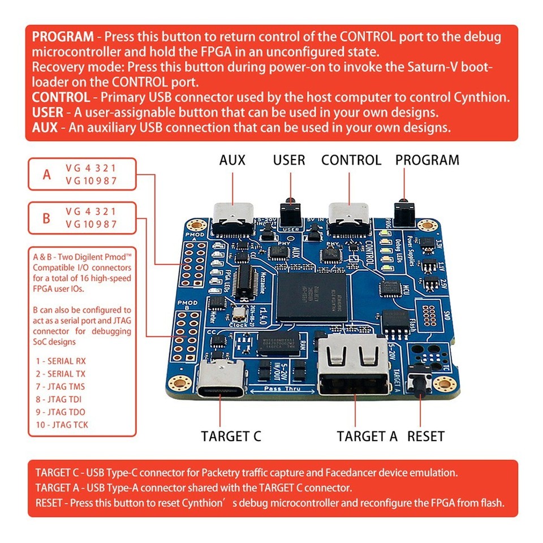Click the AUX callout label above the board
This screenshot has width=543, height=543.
[x=232, y=160]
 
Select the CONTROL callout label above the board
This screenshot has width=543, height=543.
[x=351, y=160]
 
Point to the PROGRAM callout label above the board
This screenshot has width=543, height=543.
[x=427, y=160]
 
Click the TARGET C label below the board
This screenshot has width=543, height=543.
[x=231, y=436]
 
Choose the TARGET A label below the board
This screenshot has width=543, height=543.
[x=367, y=436]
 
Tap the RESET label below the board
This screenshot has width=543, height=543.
[x=426, y=436]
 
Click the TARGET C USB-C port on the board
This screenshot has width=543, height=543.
[x=222, y=380]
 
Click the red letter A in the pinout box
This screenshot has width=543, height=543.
[x=47, y=174]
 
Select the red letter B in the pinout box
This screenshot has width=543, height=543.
[x=47, y=218]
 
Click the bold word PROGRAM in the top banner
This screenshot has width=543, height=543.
[x=63, y=37]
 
